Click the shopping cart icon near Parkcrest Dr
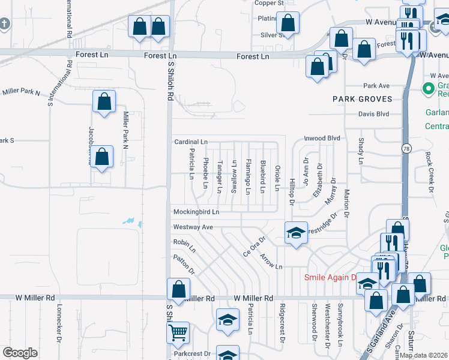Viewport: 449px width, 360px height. [179, 332]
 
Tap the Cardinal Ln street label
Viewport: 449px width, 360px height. [191, 142]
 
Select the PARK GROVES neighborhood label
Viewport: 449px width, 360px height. [363, 99]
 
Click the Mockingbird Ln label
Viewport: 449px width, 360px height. [196, 212]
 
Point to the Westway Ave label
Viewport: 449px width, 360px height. [193, 227]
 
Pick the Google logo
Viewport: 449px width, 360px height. [20, 353]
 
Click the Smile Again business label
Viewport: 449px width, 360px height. [331, 277]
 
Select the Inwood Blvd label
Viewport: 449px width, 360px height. [322, 138]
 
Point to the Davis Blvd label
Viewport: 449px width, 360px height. [373, 114]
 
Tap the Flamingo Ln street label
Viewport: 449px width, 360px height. [248, 177]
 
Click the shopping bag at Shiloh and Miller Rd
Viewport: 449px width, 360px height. [179, 290]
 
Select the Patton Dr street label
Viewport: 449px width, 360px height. [184, 265]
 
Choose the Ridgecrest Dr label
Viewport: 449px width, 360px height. [282, 323]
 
